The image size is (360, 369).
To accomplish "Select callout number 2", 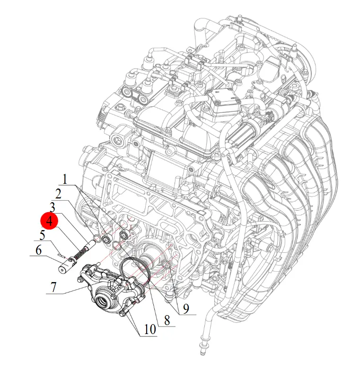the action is pos(58,194).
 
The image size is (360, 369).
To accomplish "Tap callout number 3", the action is pos(52,207).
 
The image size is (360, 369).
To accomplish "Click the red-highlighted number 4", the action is pos(49,221).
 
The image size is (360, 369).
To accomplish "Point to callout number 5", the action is pos(43,235).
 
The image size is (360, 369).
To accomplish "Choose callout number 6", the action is pos(39,250).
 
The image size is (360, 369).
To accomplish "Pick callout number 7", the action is pos(54,287).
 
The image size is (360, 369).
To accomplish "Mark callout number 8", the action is pos(167,320).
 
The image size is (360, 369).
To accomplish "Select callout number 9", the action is pos(186,309).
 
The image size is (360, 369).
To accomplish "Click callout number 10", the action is pos(150,329).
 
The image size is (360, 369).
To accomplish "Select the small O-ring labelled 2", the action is pos(97,239).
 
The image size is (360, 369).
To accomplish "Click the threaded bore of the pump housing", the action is pos(103,301).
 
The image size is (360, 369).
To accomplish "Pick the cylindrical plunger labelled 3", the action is pos(90,244).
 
